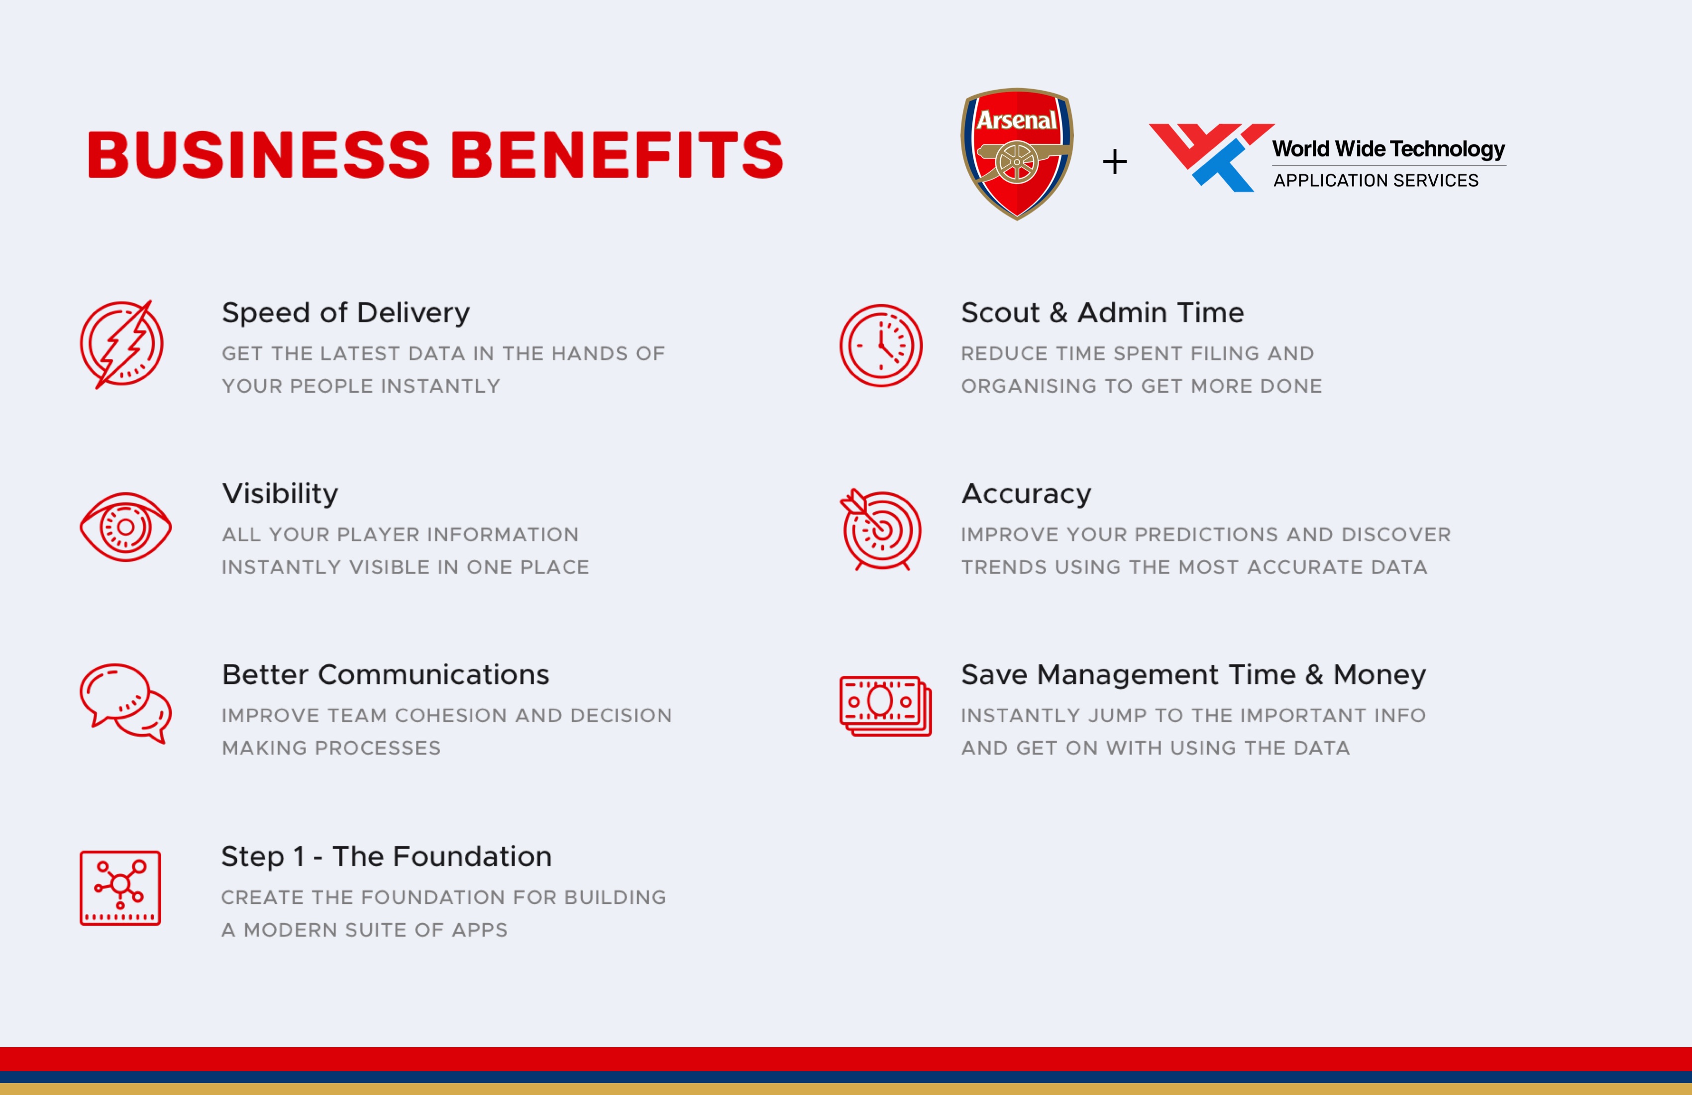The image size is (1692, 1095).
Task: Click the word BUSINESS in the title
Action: coord(259,154)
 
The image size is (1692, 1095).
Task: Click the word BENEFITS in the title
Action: coord(617,154)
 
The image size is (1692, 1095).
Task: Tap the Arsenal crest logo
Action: coord(1017,154)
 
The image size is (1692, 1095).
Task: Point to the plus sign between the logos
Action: coord(1115,161)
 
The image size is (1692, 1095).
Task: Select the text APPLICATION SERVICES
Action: coord(1375,181)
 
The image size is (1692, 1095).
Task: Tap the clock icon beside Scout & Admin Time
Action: coord(881,345)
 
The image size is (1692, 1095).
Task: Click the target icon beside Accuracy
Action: coord(881,530)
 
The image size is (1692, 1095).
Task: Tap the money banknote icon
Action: coord(885,705)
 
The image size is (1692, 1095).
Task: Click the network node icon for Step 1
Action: coord(120,887)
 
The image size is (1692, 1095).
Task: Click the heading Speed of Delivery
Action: coord(345,314)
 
